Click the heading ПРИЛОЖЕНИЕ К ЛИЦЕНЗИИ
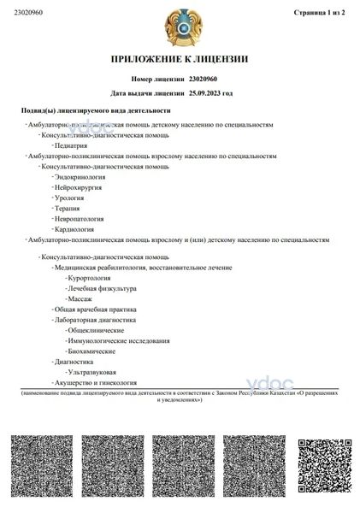180,59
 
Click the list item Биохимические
91,351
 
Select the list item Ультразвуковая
91,372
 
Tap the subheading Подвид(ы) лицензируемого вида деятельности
96,110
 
